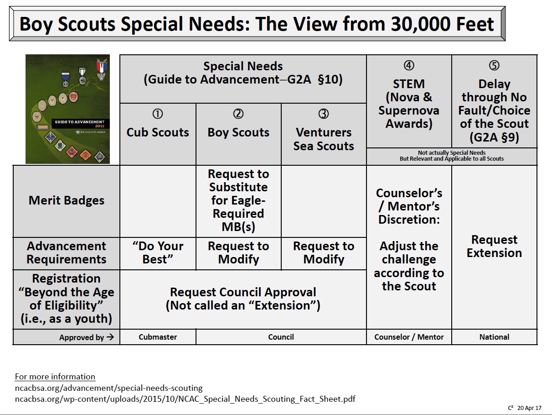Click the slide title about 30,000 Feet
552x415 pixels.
(x=257, y=24)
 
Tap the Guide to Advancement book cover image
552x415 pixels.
(x=67, y=109)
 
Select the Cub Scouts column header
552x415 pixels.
(x=158, y=132)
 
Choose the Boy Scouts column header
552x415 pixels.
(x=238, y=132)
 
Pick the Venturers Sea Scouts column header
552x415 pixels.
(x=324, y=139)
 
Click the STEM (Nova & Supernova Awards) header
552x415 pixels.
(x=409, y=104)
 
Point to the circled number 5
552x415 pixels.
(x=494, y=66)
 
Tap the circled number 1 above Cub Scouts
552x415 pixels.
(x=158, y=114)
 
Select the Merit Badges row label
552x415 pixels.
(x=67, y=200)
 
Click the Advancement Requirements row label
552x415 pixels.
(x=67, y=253)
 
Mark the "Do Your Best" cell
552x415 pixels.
(x=158, y=253)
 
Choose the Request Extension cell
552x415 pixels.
(x=494, y=247)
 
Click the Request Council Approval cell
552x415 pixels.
(x=243, y=299)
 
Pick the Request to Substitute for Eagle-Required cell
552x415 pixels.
(x=238, y=200)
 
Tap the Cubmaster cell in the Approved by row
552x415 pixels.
(x=158, y=337)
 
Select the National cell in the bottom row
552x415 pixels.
(x=494, y=337)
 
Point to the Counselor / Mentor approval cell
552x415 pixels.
(x=409, y=337)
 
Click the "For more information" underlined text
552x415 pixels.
(x=55, y=377)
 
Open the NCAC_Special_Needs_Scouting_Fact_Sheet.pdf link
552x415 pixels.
(x=185, y=399)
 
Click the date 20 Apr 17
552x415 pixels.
(x=530, y=408)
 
